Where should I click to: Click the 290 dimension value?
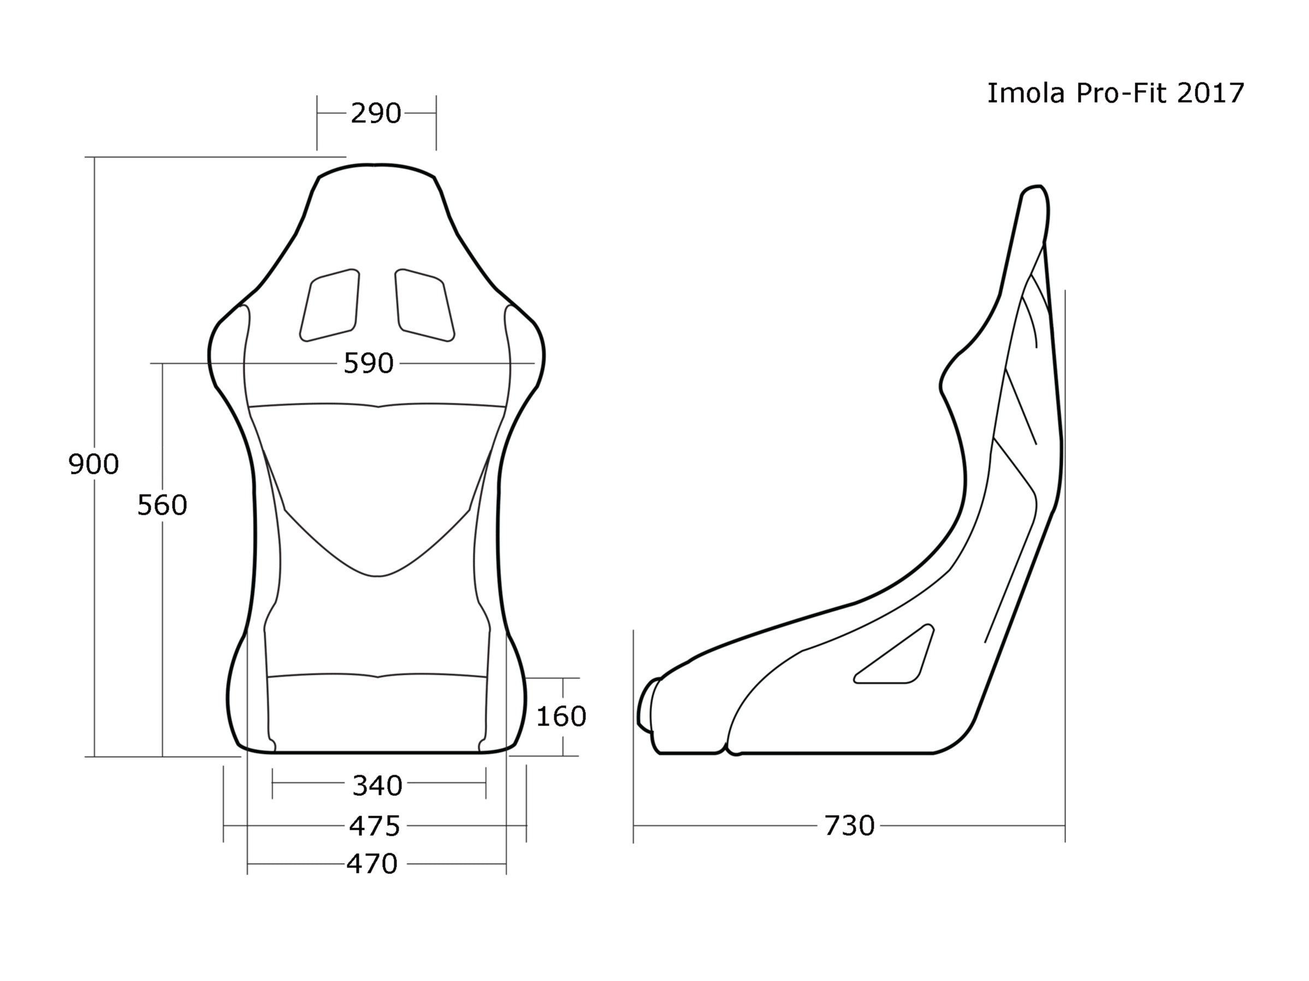376,113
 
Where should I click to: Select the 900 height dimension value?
93,465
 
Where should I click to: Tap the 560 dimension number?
162,506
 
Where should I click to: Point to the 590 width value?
368,363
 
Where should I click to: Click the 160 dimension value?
560,717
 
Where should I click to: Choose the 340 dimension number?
377,786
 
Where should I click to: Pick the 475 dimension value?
374,826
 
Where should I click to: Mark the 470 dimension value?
372,864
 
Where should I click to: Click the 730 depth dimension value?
849,826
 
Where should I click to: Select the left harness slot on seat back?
330,305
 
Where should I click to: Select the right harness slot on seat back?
425,305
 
